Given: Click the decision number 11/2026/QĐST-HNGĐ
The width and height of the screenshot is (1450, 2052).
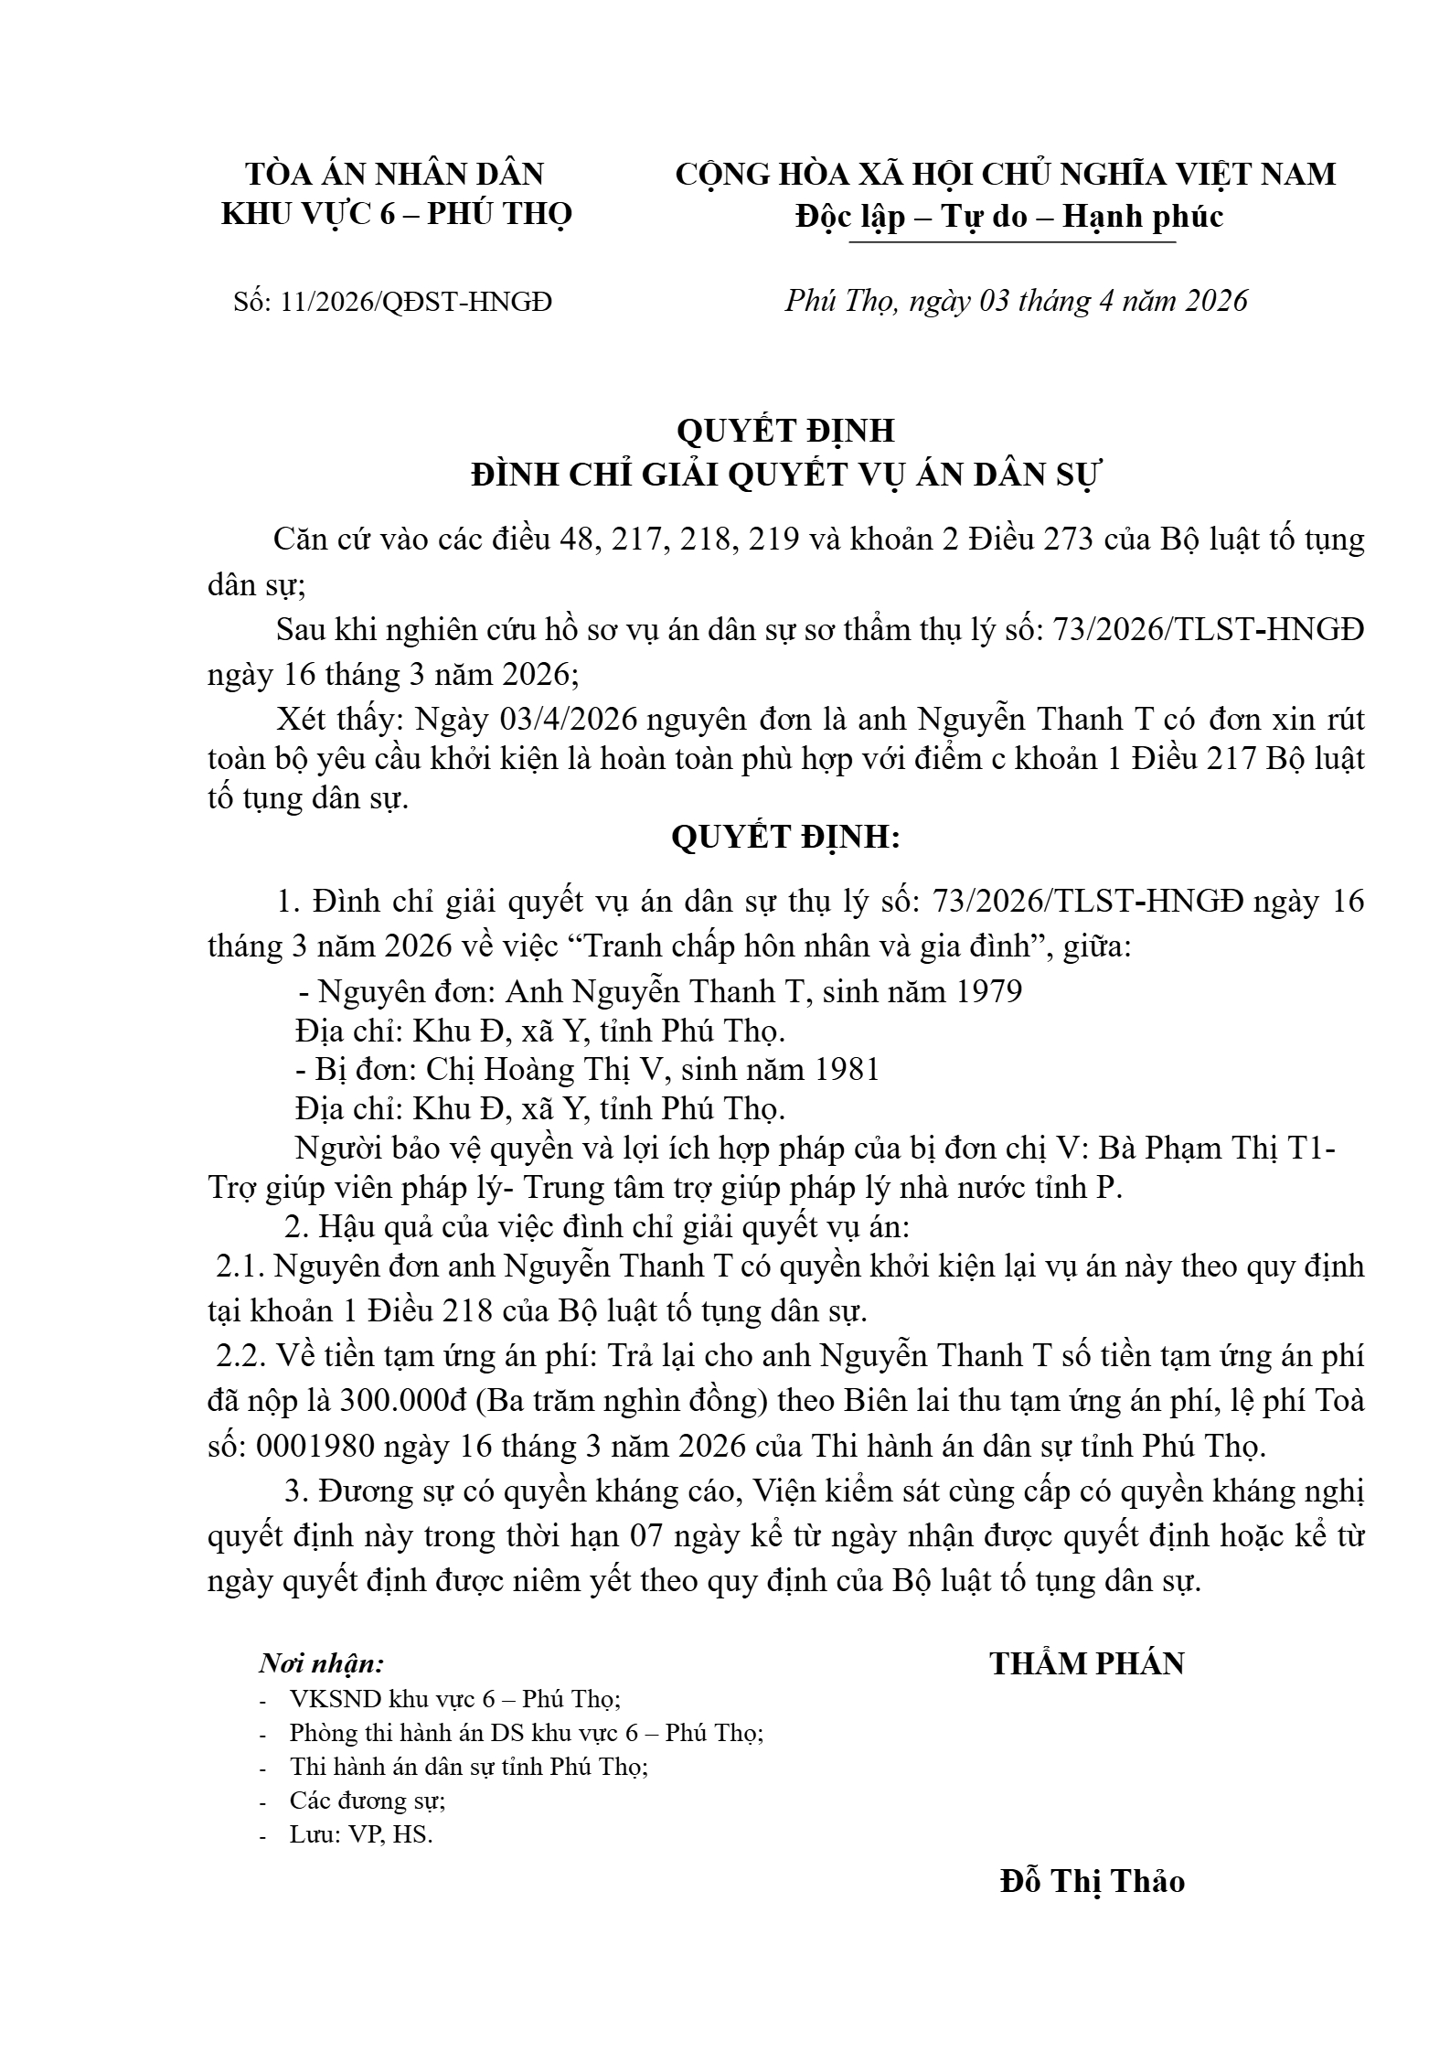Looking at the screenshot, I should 417,302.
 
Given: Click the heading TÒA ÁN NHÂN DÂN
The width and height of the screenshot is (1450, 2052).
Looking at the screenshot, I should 396,174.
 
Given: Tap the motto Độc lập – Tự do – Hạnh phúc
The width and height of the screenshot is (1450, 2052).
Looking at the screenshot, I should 1008,217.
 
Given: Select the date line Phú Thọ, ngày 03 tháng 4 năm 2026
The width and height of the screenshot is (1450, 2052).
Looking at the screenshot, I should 1016,301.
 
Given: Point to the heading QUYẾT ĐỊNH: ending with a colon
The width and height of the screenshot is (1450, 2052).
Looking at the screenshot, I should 786,837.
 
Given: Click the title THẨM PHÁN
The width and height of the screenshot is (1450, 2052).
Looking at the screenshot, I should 1087,1662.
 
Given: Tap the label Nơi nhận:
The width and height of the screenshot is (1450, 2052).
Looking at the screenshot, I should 322,1663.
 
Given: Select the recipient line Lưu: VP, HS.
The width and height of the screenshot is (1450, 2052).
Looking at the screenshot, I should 360,1834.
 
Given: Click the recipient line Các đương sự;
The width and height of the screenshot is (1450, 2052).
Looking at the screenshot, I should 368,1801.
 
